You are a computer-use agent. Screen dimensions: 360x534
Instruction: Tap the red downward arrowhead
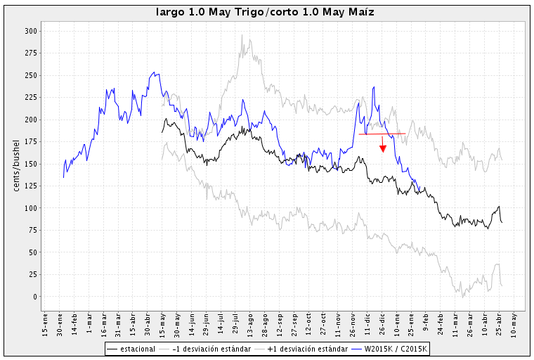(382, 148)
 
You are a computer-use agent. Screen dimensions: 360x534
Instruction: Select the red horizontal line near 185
(382, 134)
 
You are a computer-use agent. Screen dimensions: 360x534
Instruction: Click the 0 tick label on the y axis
(34, 297)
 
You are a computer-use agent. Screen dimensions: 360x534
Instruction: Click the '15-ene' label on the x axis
(46, 321)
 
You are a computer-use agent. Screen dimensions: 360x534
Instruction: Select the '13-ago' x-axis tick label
(250, 321)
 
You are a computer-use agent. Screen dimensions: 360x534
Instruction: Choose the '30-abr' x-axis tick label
(148, 321)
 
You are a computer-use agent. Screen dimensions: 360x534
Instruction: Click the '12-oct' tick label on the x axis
(309, 321)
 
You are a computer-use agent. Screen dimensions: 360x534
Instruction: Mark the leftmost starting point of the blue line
(63, 177)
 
